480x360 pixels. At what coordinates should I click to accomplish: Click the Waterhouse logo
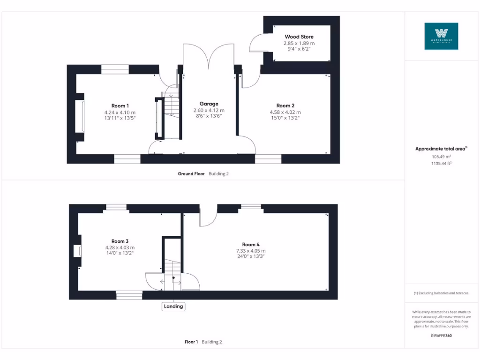coord(441,36)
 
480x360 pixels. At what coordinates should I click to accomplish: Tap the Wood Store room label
coord(299,37)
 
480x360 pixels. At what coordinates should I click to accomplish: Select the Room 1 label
coord(120,106)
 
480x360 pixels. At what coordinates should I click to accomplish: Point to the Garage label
coord(209,104)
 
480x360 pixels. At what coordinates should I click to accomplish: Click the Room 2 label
coord(285,106)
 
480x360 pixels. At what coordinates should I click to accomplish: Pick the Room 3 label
coord(120,241)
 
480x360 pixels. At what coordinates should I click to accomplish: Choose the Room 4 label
coord(251,244)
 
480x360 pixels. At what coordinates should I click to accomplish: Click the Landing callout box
coord(173,307)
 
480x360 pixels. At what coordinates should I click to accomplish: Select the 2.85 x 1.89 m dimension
coord(299,43)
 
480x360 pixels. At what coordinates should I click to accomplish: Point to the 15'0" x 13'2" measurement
coord(285,118)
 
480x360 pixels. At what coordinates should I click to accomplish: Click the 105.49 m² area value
coord(441,157)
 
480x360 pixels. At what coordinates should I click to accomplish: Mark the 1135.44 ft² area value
coord(441,163)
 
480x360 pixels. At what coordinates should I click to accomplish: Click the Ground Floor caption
coord(191,173)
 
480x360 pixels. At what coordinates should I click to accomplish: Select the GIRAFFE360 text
coord(441,336)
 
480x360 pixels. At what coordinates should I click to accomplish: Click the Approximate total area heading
coord(441,149)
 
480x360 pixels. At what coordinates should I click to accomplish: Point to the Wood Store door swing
coord(257,44)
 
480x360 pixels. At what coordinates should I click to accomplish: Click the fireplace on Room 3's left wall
coord(77,251)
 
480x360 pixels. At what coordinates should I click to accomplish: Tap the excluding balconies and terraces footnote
coord(441,293)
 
